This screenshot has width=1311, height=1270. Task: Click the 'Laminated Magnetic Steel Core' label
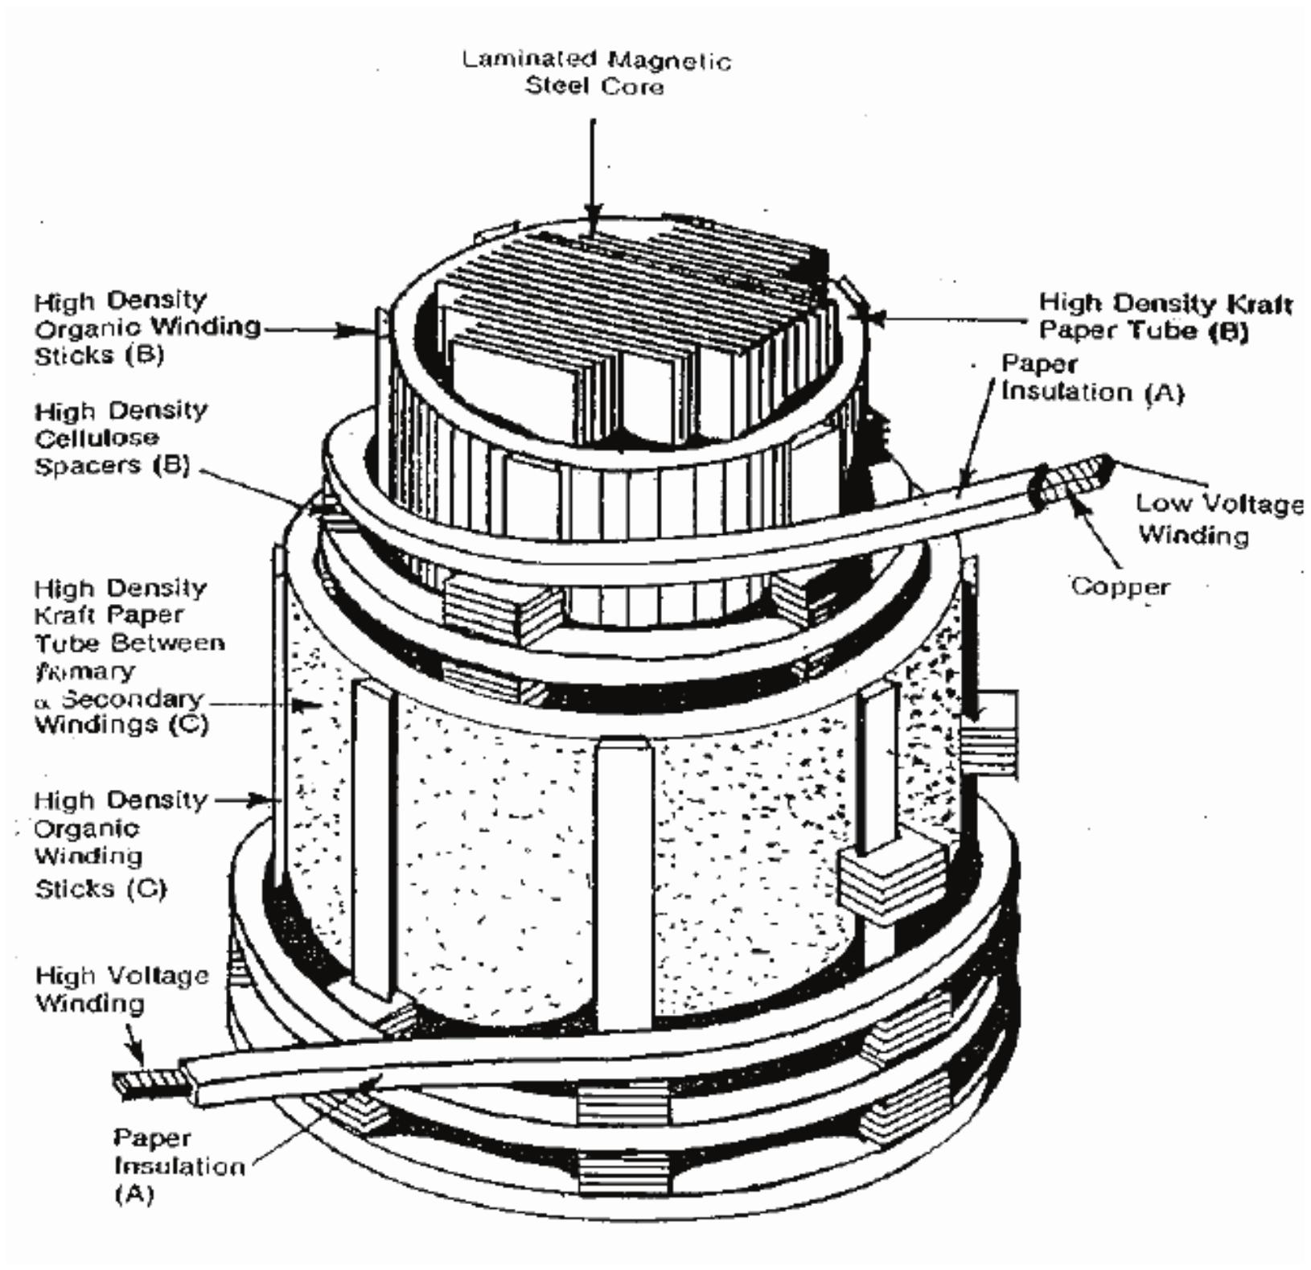(x=596, y=72)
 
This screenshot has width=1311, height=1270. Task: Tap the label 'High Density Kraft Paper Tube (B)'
(x=1165, y=317)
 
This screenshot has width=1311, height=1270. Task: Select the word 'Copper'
(x=1120, y=586)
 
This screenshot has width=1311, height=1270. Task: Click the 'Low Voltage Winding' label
(x=1218, y=520)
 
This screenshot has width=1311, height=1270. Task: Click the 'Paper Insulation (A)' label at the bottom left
(x=177, y=1165)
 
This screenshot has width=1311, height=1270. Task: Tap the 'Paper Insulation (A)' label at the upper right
(x=1091, y=378)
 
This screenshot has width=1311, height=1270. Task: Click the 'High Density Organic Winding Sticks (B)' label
(x=145, y=327)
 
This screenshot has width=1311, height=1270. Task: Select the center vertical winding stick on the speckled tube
(x=623, y=885)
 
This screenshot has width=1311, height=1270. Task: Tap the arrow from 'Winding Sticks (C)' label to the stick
(x=245, y=800)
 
